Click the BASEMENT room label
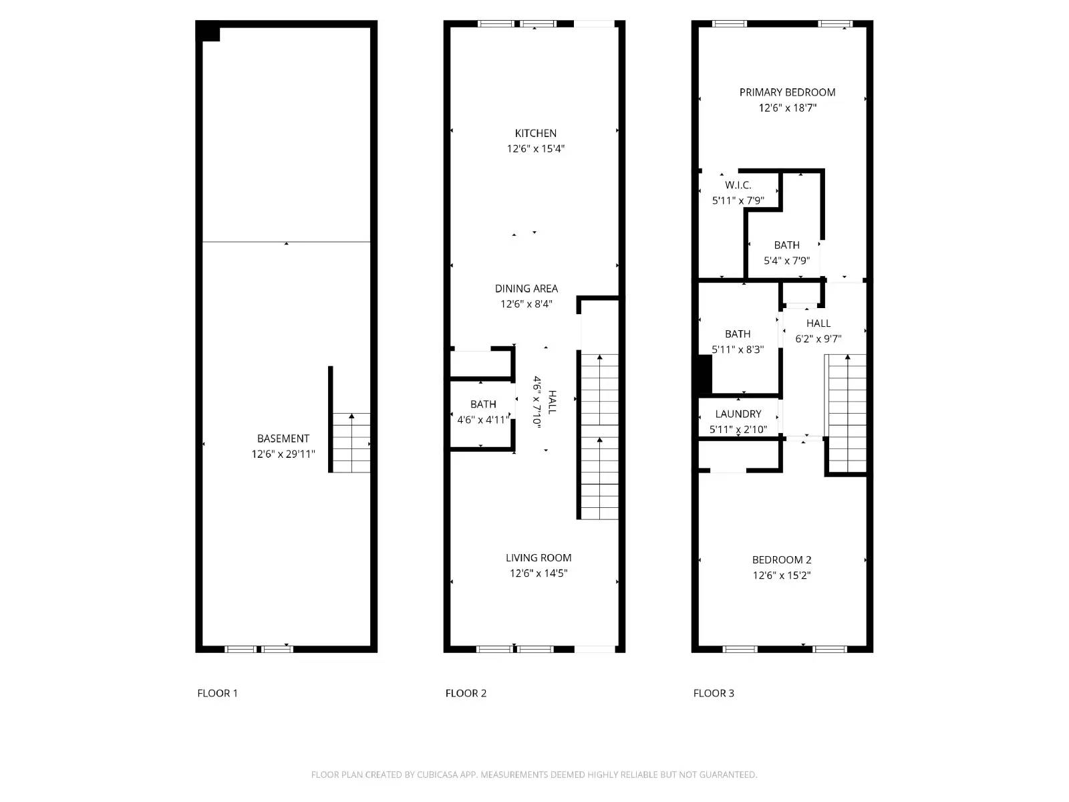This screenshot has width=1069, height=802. click(283, 438)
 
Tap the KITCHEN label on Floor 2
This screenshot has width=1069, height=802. click(535, 133)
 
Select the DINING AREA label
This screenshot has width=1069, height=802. click(526, 289)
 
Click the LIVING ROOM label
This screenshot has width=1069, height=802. click(538, 557)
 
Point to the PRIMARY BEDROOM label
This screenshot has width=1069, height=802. click(787, 92)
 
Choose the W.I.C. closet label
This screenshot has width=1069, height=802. click(738, 185)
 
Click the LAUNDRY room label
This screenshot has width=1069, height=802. click(738, 414)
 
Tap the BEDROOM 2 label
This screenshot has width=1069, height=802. click(781, 560)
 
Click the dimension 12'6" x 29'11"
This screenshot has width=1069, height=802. click(283, 454)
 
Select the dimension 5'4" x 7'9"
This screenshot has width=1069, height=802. click(786, 261)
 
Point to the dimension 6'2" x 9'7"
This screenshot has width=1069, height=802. click(818, 339)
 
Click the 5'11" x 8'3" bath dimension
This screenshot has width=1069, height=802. click(738, 350)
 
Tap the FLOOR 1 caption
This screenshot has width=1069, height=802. click(217, 693)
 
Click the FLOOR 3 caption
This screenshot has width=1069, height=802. click(714, 693)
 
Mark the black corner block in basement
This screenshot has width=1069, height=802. click(208, 31)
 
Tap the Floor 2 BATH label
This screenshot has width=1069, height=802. click(482, 404)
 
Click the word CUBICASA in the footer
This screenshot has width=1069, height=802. click(438, 775)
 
